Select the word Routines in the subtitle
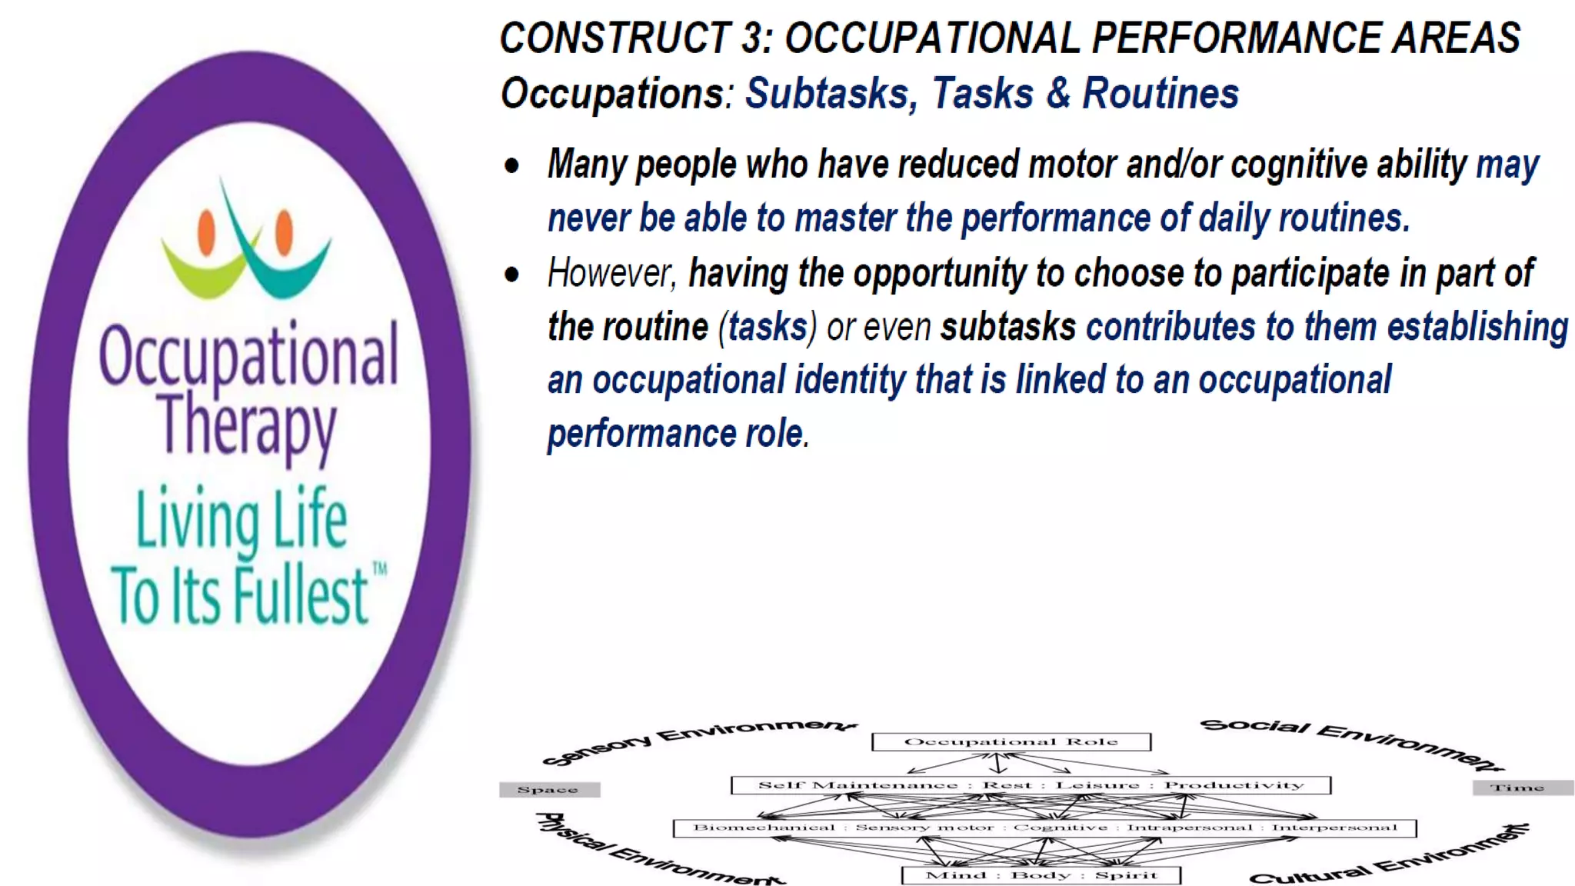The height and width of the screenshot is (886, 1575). click(1160, 94)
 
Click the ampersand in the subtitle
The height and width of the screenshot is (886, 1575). click(1058, 94)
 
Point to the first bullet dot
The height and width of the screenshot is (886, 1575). click(512, 165)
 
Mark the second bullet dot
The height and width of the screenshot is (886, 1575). click(512, 275)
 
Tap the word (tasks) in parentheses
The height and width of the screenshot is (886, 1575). click(768, 328)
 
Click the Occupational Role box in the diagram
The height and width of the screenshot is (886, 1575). click(1011, 741)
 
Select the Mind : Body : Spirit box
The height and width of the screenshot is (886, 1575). click(1041, 875)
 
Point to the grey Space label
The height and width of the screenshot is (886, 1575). click(548, 790)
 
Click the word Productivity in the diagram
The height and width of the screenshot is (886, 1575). click(1234, 785)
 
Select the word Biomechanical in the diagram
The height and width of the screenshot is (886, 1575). click(764, 828)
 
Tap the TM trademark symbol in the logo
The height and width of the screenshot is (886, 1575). click(380, 570)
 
